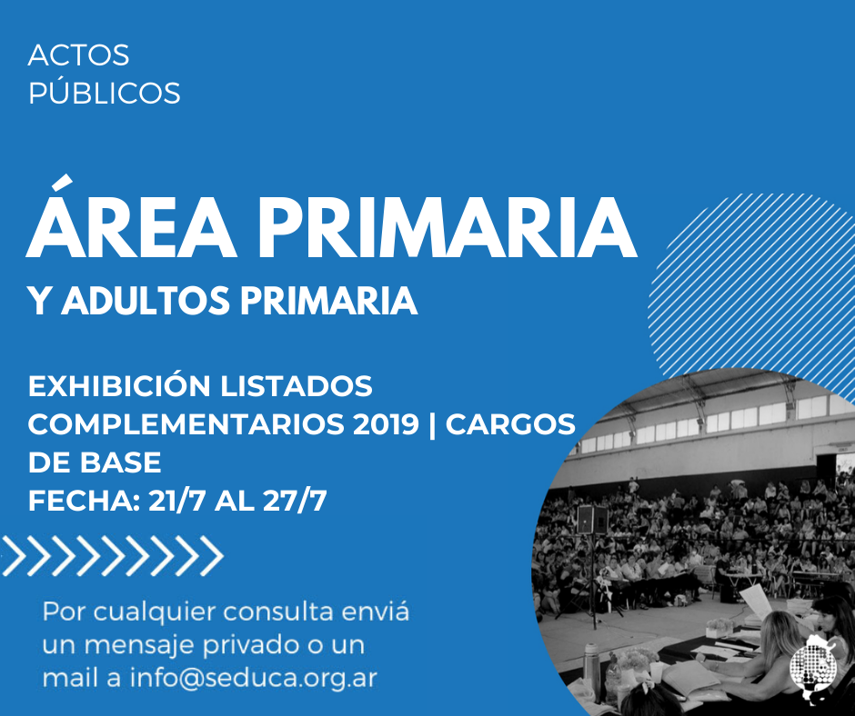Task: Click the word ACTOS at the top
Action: [78, 55]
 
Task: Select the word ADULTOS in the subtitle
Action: [146, 301]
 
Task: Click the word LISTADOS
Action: [297, 386]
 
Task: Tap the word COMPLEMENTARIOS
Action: [186, 424]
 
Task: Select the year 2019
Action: [386, 424]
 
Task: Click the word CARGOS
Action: [510, 424]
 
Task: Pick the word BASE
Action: [120, 462]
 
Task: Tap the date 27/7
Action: [295, 501]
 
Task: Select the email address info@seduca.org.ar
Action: [254, 679]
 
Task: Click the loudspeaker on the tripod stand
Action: [592, 520]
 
